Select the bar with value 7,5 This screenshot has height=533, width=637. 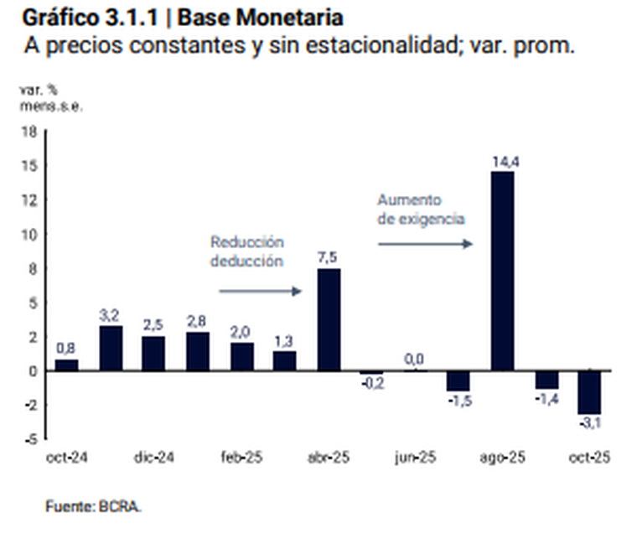(329, 319)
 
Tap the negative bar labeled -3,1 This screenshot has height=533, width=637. (589, 391)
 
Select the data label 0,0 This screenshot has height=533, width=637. (414, 360)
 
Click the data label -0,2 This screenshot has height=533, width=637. (371, 385)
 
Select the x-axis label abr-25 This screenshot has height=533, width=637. (329, 458)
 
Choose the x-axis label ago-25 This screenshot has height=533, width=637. (501, 458)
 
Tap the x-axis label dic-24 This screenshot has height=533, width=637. (154, 458)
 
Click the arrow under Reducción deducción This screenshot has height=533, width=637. (260, 292)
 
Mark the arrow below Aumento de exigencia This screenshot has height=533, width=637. (426, 244)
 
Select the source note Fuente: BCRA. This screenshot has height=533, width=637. (94, 506)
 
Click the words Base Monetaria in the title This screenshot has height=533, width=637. (261, 18)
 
